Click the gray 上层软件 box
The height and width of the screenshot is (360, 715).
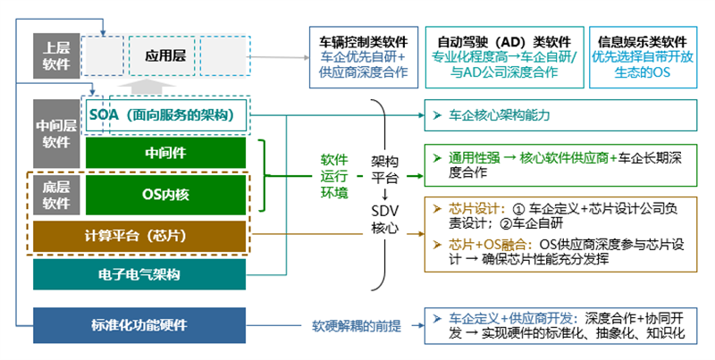(x=55, y=55)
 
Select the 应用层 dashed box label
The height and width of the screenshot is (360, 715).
(x=164, y=56)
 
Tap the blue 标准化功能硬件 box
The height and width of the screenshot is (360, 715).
(x=139, y=324)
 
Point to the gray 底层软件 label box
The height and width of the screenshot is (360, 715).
(x=55, y=195)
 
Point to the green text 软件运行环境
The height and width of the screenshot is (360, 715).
(x=334, y=175)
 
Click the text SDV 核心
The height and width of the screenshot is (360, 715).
(x=386, y=219)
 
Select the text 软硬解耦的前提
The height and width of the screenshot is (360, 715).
(x=357, y=324)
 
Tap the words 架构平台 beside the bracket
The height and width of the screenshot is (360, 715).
(x=386, y=168)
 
